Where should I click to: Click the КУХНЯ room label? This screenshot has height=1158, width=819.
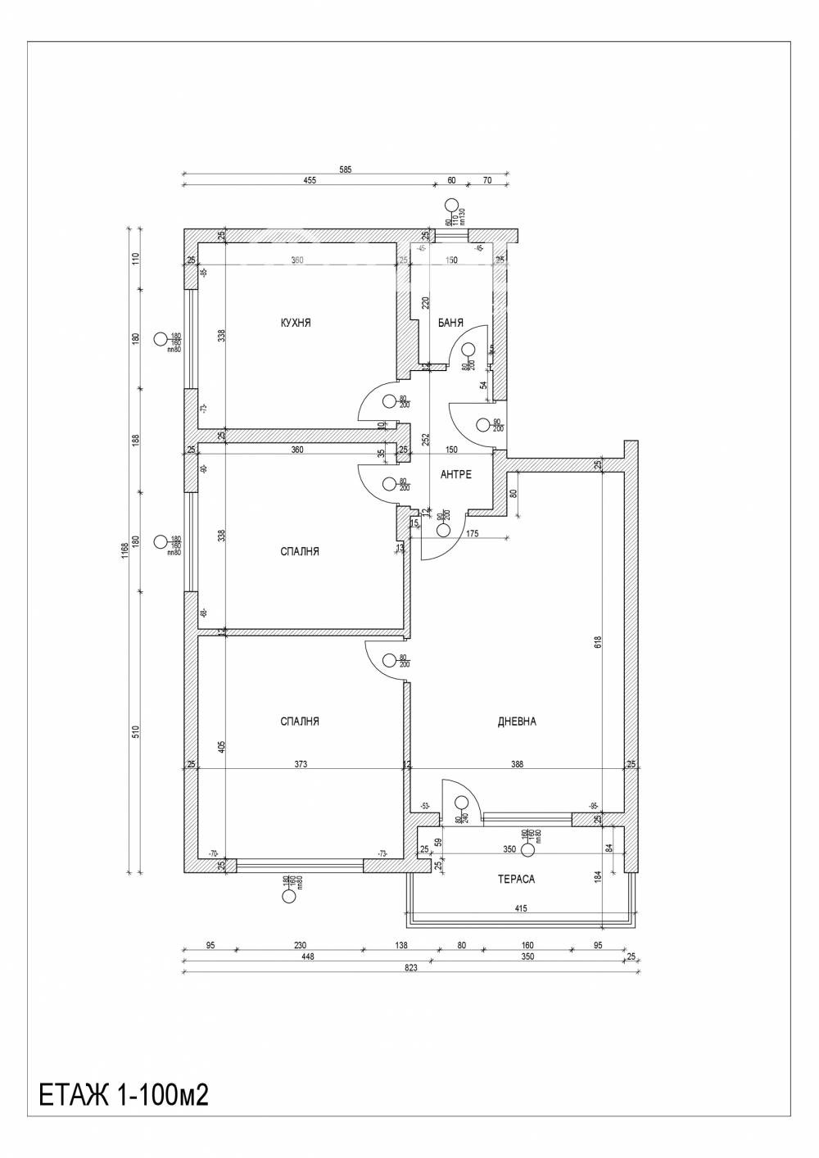click(295, 323)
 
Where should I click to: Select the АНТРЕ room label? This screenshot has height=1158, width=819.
click(455, 475)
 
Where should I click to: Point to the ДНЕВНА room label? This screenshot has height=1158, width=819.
click(517, 721)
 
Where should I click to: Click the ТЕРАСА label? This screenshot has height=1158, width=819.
click(516, 879)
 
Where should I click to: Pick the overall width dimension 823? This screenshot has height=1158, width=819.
click(411, 967)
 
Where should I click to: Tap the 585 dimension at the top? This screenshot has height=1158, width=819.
click(346, 170)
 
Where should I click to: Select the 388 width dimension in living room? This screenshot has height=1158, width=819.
click(517, 764)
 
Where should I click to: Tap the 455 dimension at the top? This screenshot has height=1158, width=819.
click(310, 182)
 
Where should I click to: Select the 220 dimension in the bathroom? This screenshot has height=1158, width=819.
click(425, 302)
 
